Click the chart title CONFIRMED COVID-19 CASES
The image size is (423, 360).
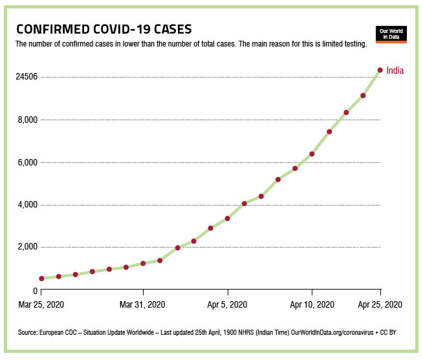[103, 30]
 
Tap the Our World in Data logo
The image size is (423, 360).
[391, 34]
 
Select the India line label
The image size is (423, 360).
[395, 70]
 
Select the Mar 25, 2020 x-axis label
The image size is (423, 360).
[42, 304]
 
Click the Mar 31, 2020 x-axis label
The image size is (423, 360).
[143, 304]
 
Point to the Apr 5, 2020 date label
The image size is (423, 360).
[228, 304]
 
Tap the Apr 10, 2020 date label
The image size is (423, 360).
[312, 304]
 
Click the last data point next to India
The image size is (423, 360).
[380, 70]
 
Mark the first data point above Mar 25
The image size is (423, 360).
[42, 279]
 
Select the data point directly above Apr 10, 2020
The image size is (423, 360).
[312, 154]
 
